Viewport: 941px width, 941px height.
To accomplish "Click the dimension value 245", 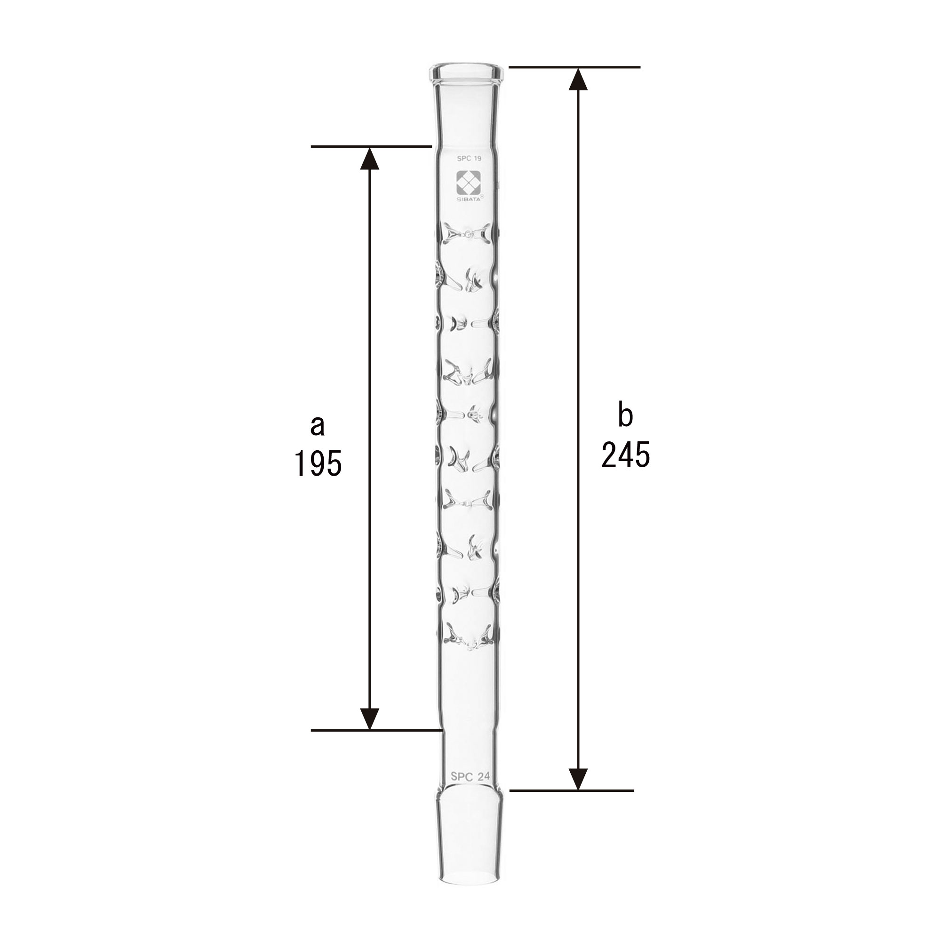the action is point(625,455).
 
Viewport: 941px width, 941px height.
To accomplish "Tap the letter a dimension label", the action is point(317,425).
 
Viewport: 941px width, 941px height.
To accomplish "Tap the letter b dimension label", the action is point(625,415).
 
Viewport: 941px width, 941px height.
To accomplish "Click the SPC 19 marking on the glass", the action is point(469,158).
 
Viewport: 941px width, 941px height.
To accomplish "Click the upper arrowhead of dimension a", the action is point(370,159).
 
